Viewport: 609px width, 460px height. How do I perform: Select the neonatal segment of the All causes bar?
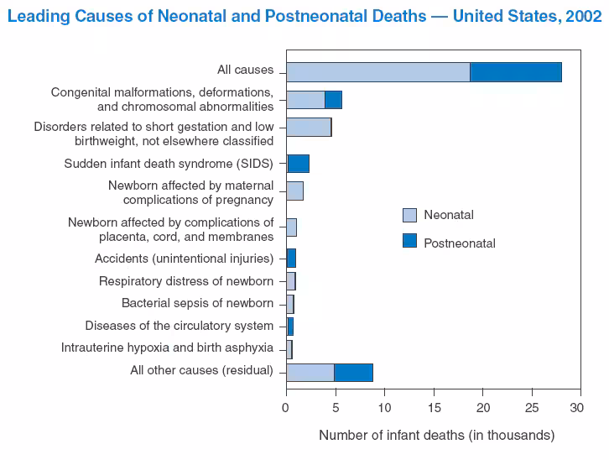377,72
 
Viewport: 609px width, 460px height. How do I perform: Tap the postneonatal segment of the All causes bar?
515,72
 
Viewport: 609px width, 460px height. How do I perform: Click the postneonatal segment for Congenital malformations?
333,100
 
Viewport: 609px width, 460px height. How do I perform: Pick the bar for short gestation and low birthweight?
309,128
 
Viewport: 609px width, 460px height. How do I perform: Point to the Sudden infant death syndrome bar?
298,164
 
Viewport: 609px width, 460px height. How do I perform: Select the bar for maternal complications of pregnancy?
294,191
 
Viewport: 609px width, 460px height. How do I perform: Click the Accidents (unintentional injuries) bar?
291,258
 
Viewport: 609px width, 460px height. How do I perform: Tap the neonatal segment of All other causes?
310,372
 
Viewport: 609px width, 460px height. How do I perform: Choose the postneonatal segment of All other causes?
353,372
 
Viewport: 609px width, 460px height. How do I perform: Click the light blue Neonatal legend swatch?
409,215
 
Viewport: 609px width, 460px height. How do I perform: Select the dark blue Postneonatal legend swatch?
409,241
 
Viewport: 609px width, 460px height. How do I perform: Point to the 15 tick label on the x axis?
434,408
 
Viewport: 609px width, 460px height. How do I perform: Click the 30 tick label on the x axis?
575,408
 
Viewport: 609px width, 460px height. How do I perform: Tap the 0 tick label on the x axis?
286,408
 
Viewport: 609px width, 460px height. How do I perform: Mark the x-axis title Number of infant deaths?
436,435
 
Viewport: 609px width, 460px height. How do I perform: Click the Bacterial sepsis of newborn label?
197,303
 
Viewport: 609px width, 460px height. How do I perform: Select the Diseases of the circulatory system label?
179,326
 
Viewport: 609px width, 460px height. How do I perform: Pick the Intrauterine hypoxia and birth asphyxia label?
167,348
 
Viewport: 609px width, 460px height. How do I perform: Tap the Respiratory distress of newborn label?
185,280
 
